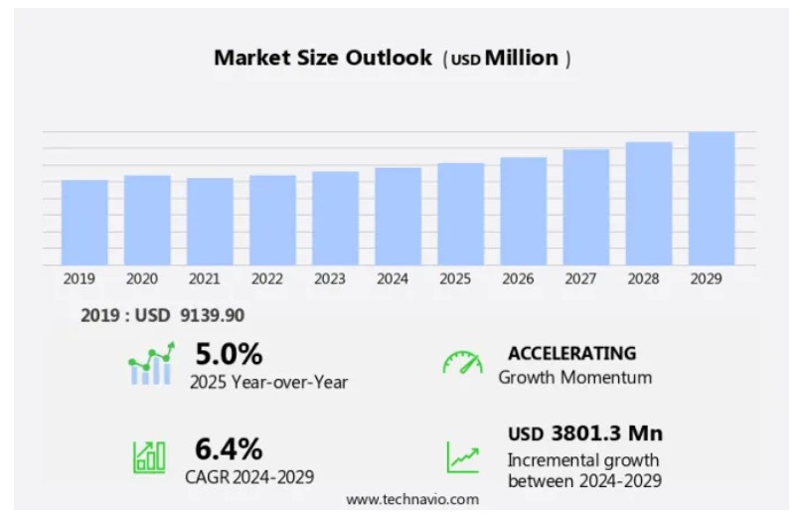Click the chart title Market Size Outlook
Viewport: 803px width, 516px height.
pyautogui.click(x=323, y=58)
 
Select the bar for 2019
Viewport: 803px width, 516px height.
pyautogui.click(x=84, y=223)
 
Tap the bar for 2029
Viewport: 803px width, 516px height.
pyautogui.click(x=712, y=199)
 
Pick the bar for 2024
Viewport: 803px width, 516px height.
pyautogui.click(x=398, y=217)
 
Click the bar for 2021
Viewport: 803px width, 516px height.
pyautogui.click(x=210, y=222)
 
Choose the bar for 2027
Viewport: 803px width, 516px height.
pyautogui.click(x=586, y=208)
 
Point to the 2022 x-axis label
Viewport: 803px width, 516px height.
pyautogui.click(x=272, y=279)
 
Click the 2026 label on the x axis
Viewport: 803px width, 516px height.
pyautogui.click(x=523, y=279)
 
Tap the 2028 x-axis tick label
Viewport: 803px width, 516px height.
pyautogui.click(x=648, y=279)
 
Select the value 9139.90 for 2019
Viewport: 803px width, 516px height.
pyautogui.click(x=212, y=315)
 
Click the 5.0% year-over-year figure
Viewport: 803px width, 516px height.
pyautogui.click(x=229, y=354)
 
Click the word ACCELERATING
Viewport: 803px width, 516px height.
pyautogui.click(x=571, y=353)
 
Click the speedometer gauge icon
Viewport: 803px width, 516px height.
pyautogui.click(x=462, y=363)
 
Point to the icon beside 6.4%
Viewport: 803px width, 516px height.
pyautogui.click(x=150, y=456)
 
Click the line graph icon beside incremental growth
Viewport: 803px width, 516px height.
pyautogui.click(x=462, y=456)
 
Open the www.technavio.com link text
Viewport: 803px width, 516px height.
pyautogui.click(x=411, y=499)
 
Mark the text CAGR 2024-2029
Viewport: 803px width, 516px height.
pyautogui.click(x=249, y=476)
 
